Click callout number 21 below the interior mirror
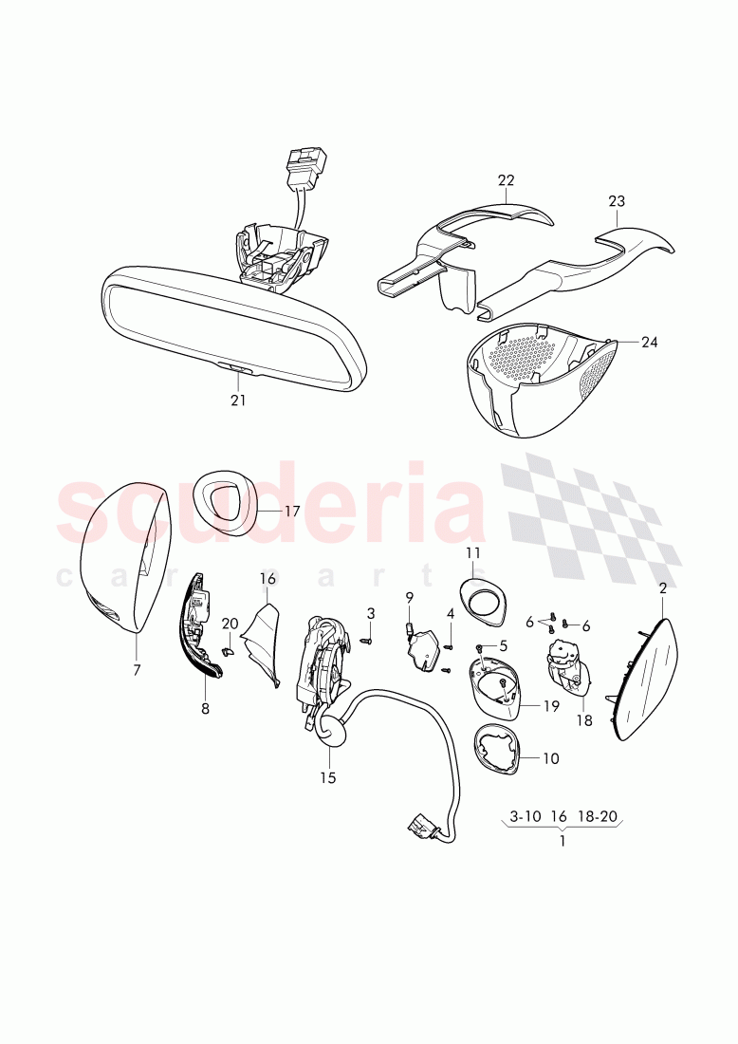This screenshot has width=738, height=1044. click(237, 401)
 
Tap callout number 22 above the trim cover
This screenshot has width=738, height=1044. click(506, 180)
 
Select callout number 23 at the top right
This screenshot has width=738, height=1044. click(617, 201)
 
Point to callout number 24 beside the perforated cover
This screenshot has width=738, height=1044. click(649, 342)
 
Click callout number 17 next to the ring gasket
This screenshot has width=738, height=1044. click(291, 511)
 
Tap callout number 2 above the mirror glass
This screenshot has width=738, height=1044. click(662, 588)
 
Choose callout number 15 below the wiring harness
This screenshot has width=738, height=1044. click(327, 778)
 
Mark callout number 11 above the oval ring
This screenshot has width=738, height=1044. click(473, 552)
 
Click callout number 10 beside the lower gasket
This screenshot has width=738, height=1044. click(551, 758)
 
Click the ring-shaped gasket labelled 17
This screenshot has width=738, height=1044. click(229, 499)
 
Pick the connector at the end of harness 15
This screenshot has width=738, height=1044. click(419, 829)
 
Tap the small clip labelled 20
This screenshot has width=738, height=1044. click(228, 650)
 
